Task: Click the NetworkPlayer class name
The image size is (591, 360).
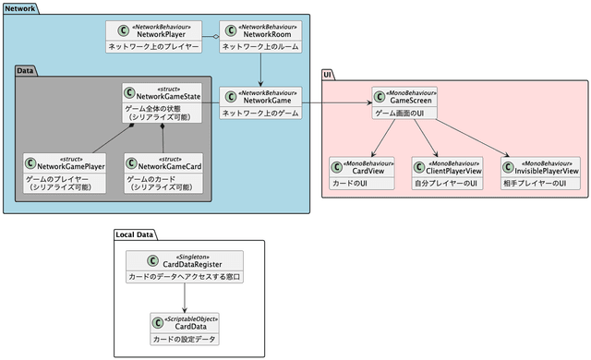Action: (162, 34)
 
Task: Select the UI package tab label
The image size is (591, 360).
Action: (328, 74)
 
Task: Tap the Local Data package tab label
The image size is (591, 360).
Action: (135, 234)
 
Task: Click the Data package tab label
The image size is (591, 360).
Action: (26, 69)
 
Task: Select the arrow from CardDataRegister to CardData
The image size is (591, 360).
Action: (186, 296)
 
